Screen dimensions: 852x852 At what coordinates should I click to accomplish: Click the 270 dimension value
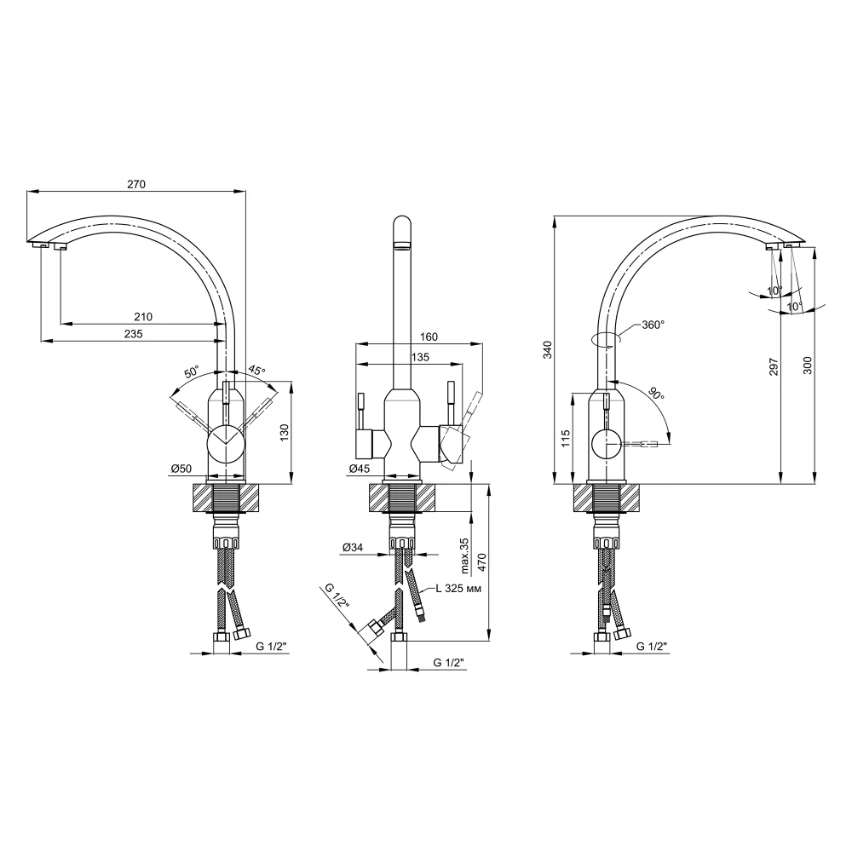tap(136, 184)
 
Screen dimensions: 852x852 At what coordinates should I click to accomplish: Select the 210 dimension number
tap(143, 316)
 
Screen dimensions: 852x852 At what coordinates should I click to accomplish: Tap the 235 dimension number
tap(133, 334)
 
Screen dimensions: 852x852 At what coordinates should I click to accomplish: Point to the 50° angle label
tap(192, 372)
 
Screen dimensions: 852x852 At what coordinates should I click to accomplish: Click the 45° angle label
tap(257, 371)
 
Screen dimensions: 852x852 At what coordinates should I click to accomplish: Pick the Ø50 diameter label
tap(181, 469)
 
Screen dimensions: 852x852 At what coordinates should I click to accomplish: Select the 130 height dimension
tap(285, 433)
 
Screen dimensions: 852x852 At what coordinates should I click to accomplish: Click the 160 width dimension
tap(429, 337)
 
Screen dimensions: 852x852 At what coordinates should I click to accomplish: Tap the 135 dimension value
tap(420, 357)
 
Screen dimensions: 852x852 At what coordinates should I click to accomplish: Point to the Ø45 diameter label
tap(359, 469)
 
